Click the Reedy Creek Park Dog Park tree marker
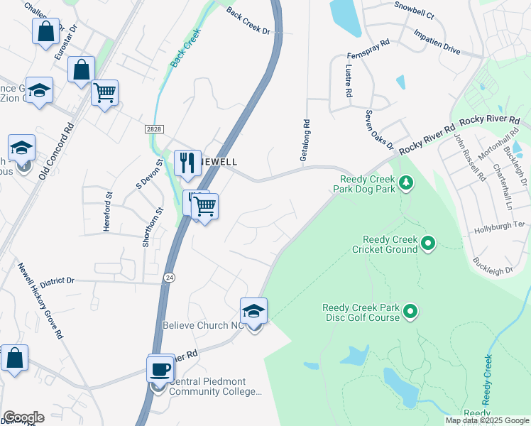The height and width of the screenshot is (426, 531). click(x=406, y=184)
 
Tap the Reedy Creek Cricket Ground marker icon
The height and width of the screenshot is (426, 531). click(x=428, y=244)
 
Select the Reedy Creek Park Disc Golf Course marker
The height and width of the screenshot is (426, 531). click(x=410, y=311)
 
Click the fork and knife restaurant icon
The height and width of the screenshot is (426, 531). click(x=187, y=163)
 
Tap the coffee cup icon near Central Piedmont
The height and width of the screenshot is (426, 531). click(x=161, y=368)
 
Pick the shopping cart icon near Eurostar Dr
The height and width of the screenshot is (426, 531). click(x=105, y=92)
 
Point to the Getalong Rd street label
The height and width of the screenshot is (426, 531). click(x=305, y=140)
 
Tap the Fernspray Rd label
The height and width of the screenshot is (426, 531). click(x=369, y=48)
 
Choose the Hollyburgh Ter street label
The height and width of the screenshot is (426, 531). click(x=499, y=224)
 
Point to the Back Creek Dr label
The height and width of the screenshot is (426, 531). click(x=248, y=22)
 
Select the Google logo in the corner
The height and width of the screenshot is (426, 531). click(x=23, y=417)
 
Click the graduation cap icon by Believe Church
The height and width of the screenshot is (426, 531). click(x=254, y=311)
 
